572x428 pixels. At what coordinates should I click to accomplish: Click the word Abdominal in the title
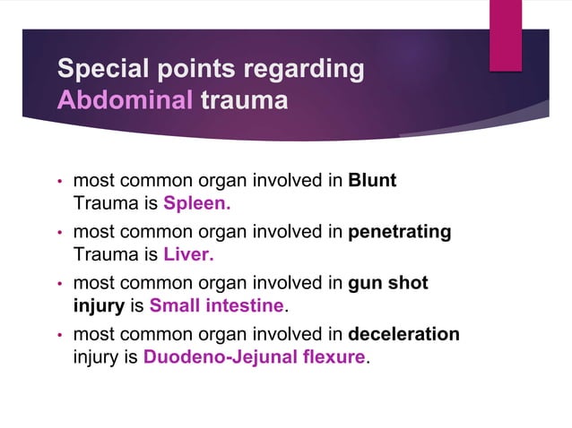(x=125, y=98)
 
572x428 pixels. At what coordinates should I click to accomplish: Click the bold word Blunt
(x=372, y=181)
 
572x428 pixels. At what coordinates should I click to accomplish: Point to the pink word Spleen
(x=196, y=202)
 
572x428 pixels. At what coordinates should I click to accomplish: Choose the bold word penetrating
(x=399, y=232)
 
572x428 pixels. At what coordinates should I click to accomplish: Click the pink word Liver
(x=188, y=254)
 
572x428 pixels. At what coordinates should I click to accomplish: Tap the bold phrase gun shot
(x=387, y=284)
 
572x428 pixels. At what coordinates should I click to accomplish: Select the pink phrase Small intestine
(x=216, y=306)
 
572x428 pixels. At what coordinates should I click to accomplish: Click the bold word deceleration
(x=403, y=335)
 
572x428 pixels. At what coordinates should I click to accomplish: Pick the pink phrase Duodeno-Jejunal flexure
(x=255, y=357)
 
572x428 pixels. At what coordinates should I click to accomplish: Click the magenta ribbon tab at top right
(x=506, y=33)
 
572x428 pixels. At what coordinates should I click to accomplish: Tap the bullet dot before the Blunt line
(x=59, y=182)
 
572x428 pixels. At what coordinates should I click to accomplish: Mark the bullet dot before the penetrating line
(x=59, y=233)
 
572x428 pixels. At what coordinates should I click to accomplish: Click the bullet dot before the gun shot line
(x=59, y=285)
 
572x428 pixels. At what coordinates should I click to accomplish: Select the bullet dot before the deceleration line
(x=59, y=336)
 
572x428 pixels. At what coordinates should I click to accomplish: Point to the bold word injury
(x=100, y=306)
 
